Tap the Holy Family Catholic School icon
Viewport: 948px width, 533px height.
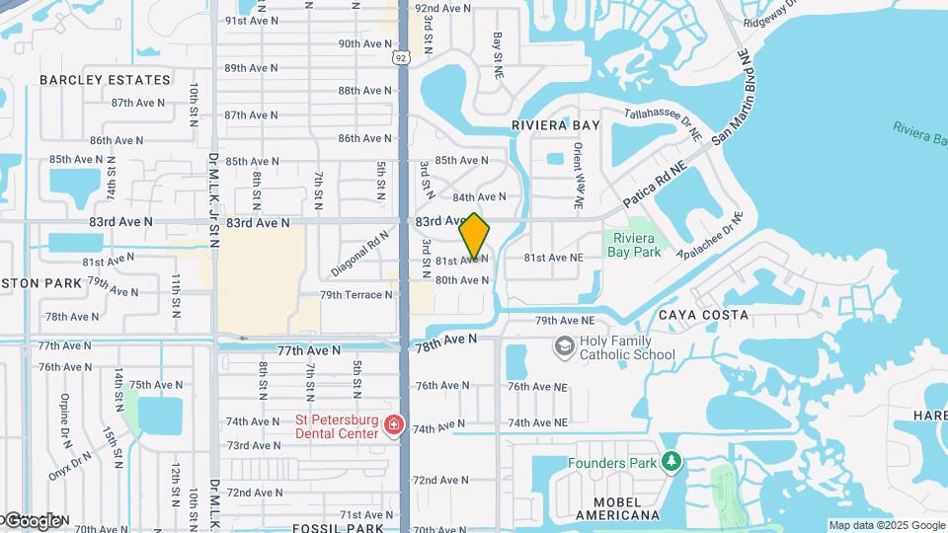[564, 346]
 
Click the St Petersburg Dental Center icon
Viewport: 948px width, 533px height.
[394, 425]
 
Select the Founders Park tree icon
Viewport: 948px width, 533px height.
[671, 462]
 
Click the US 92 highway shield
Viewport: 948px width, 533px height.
[400, 58]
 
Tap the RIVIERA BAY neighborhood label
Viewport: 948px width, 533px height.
[555, 125]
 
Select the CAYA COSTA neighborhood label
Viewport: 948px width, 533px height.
[703, 315]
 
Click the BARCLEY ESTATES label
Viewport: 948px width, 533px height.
[106, 80]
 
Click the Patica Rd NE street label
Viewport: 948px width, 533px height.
[654, 185]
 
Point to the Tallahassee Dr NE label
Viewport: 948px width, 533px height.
[663, 124]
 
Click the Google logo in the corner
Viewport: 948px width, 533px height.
[32, 520]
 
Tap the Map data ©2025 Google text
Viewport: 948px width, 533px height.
[886, 525]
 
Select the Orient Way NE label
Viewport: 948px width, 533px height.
[579, 177]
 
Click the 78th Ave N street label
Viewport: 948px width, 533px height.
[445, 342]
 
